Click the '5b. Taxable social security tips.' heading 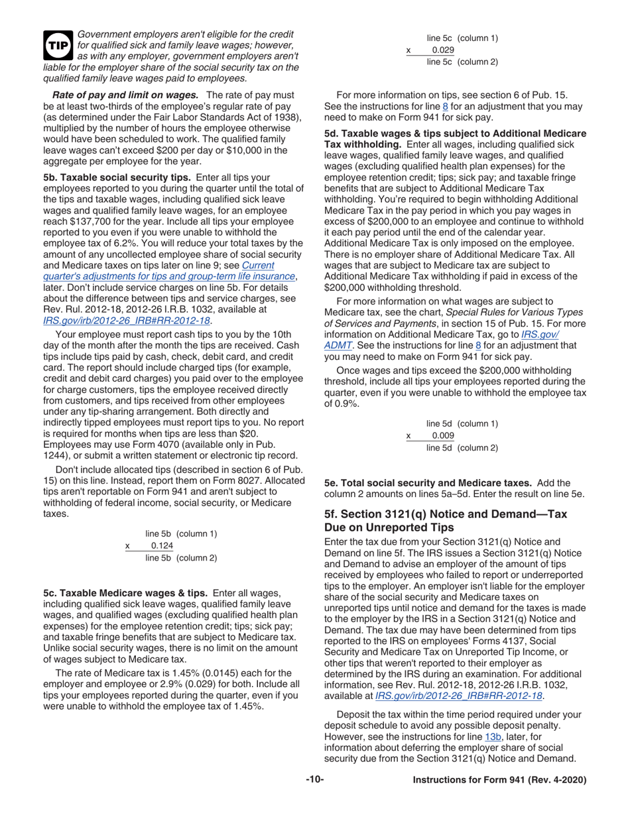click(117, 178)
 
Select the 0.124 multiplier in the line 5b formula click(162, 545)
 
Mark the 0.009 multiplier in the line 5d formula click(443, 435)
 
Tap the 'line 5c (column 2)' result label click(462, 62)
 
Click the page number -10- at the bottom click(314, 780)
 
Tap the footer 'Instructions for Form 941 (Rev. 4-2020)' click(499, 781)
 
